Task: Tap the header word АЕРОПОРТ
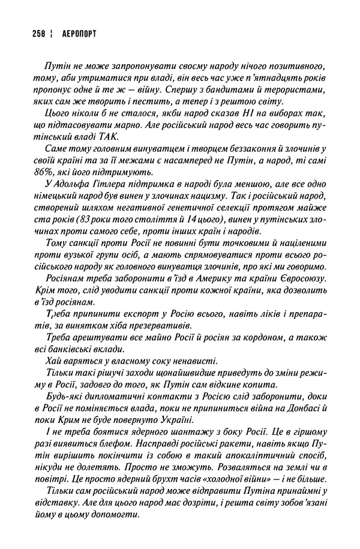pos(71,34)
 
